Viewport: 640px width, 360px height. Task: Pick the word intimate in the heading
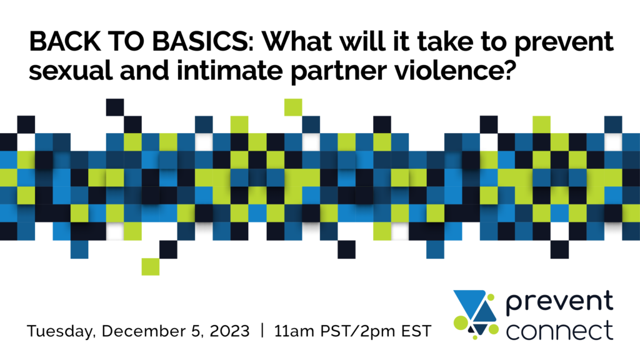pos(229,71)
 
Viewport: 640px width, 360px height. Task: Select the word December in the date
pos(151,331)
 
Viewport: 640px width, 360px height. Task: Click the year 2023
pos(229,331)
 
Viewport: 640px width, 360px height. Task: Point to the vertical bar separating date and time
pos(262,331)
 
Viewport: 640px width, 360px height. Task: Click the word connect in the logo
pos(559,330)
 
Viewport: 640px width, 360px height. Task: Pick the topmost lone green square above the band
pos(293,107)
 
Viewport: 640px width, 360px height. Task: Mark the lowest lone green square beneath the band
pos(151,266)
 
